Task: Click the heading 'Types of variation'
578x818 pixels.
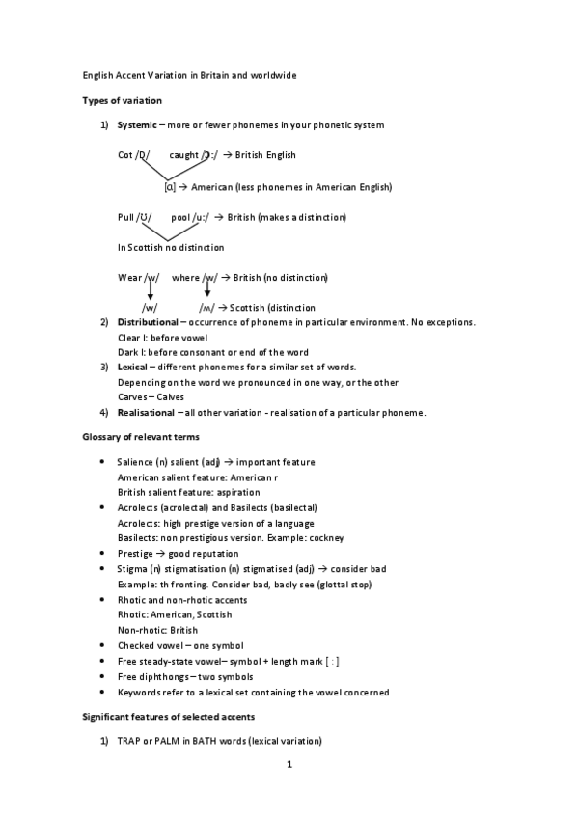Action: click(121, 100)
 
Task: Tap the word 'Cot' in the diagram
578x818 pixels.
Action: click(125, 155)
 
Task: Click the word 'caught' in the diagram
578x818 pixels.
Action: click(183, 155)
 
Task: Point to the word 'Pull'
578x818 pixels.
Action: click(126, 217)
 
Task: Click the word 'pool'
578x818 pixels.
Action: click(180, 217)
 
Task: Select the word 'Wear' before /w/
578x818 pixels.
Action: click(129, 278)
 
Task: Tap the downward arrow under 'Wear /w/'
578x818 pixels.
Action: click(151, 292)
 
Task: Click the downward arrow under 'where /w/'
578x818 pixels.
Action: click(206, 289)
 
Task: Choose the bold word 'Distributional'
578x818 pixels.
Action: click(148, 322)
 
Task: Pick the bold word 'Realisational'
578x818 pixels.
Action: click(147, 413)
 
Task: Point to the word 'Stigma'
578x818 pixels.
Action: click(133, 569)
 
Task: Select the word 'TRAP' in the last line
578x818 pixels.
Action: click(129, 741)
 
